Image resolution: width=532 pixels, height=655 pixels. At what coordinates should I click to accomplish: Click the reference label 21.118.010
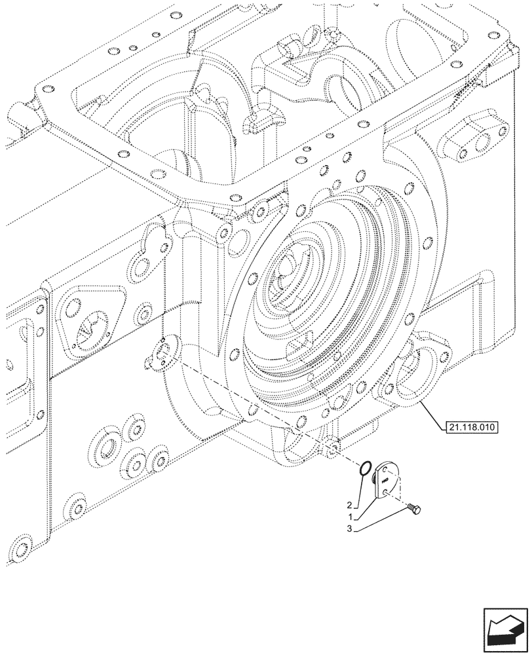(471, 428)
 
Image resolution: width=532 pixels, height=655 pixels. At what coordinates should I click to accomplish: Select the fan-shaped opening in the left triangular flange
(88, 329)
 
